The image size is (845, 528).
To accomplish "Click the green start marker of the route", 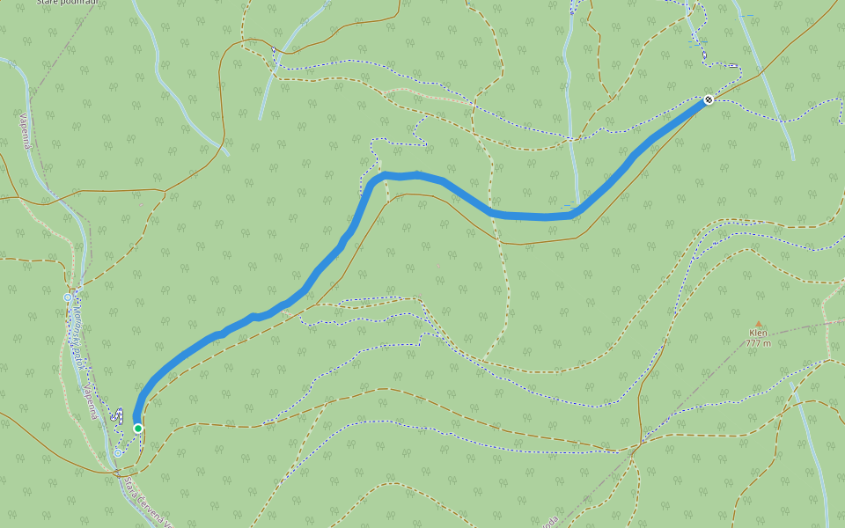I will pos(138,428).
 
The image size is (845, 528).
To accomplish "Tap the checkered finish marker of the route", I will pos(708,100).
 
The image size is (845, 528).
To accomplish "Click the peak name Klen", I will pos(758,334).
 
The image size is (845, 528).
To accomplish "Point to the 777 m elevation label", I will pos(758,343).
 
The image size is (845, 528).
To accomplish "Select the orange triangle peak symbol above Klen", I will pos(758,323).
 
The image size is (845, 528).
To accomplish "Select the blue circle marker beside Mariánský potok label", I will pos(67,297).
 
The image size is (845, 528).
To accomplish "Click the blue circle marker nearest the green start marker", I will pos(118,453).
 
